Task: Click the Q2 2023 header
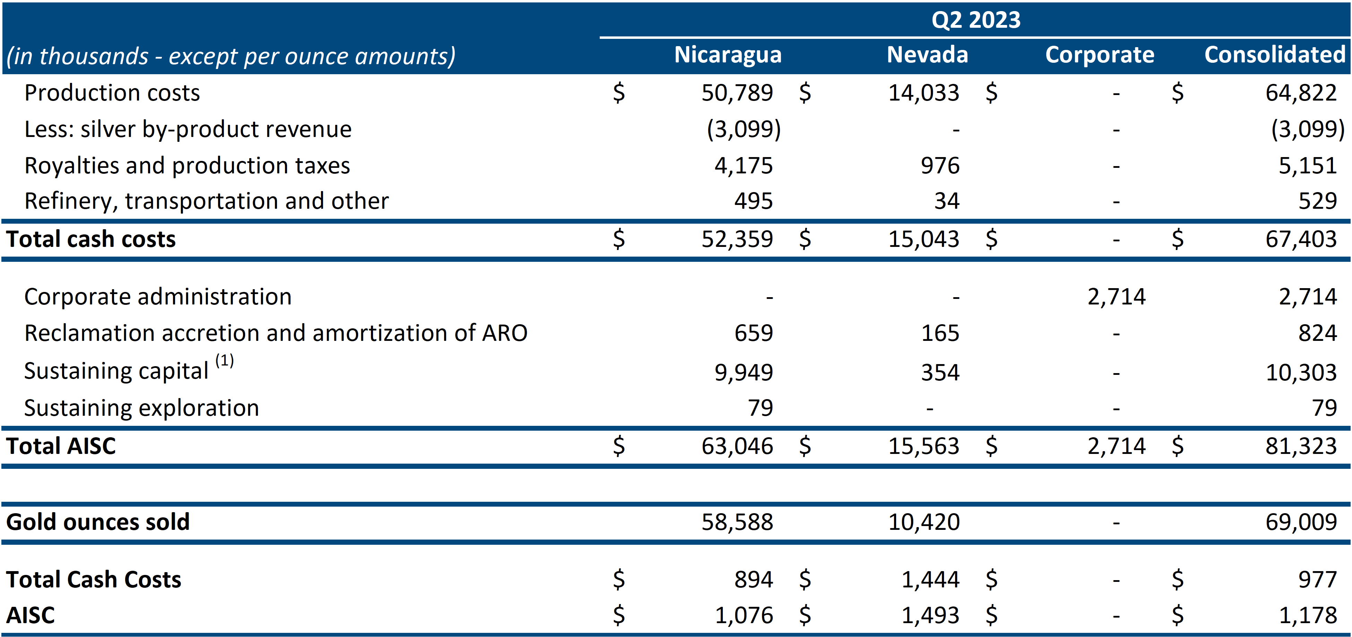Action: click(x=976, y=20)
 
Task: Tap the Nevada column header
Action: click(x=927, y=55)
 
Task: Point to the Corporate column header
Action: click(x=1100, y=55)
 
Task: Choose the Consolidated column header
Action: click(x=1275, y=55)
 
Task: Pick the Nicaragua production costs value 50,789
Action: click(x=737, y=93)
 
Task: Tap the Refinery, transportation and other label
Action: click(x=206, y=201)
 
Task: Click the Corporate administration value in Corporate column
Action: click(x=1116, y=297)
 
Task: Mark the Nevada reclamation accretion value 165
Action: click(x=940, y=333)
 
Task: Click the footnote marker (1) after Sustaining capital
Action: click(x=225, y=360)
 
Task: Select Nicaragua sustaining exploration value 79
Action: click(x=761, y=408)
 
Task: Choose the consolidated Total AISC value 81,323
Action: click(x=1301, y=446)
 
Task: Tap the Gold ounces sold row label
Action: click(x=98, y=522)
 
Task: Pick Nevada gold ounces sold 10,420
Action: click(x=924, y=522)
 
